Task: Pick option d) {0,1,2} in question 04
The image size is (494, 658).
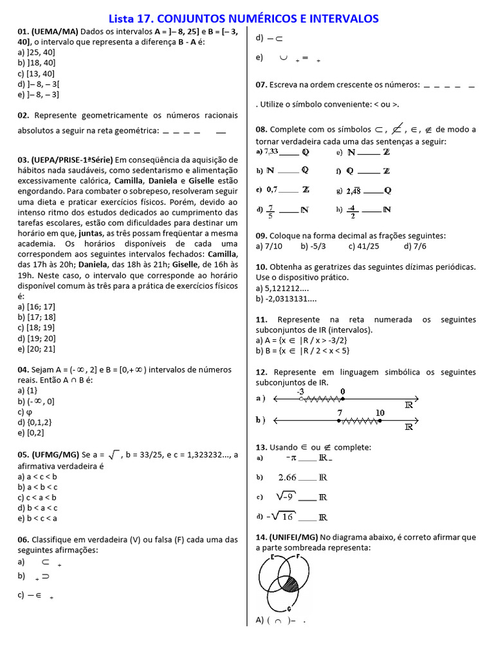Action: [35, 422]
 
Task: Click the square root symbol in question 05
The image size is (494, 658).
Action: [115, 455]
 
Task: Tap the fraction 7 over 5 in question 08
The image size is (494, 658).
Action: [271, 209]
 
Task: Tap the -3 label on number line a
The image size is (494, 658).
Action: [300, 391]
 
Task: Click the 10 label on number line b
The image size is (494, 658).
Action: [380, 413]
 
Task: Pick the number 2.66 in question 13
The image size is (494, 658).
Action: [287, 477]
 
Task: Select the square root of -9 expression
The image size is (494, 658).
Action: [286, 497]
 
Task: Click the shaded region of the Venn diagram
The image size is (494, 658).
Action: [290, 583]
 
